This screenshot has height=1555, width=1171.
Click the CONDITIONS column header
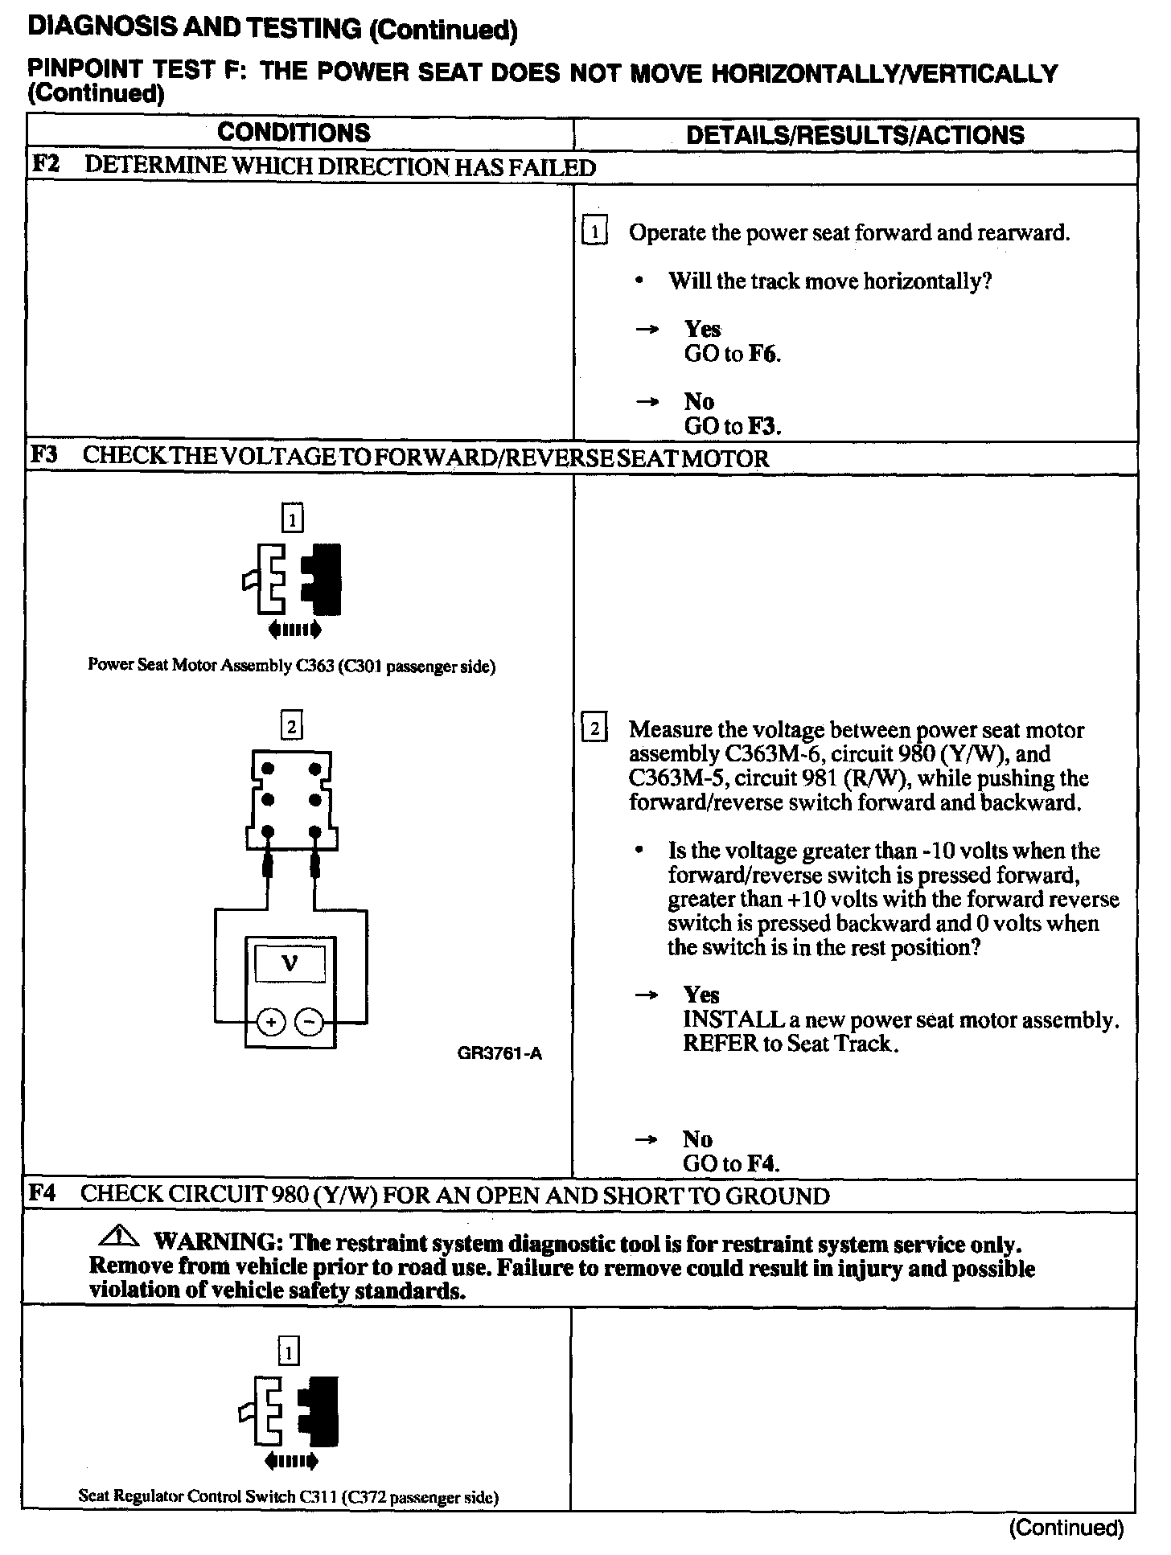pyautogui.click(x=294, y=133)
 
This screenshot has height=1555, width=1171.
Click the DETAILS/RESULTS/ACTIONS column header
pyautogui.click(x=855, y=134)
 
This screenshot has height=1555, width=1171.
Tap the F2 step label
pyautogui.click(x=45, y=166)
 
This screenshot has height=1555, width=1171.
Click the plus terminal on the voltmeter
pyautogui.click(x=271, y=1023)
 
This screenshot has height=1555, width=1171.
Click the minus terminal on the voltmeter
pyautogui.click(x=310, y=1023)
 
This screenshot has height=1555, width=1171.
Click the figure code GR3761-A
pyautogui.click(x=499, y=1053)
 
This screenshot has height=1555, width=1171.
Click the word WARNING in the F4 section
pyautogui.click(x=217, y=1243)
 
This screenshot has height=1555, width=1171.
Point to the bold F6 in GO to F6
pyautogui.click(x=763, y=354)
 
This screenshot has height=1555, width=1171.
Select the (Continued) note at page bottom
pyautogui.click(x=1066, y=1528)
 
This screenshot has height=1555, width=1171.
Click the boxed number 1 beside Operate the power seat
pyautogui.click(x=594, y=232)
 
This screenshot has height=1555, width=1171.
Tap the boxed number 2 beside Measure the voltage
pyautogui.click(x=594, y=729)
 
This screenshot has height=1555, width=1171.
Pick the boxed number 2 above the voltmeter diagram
pyautogui.click(x=291, y=727)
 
